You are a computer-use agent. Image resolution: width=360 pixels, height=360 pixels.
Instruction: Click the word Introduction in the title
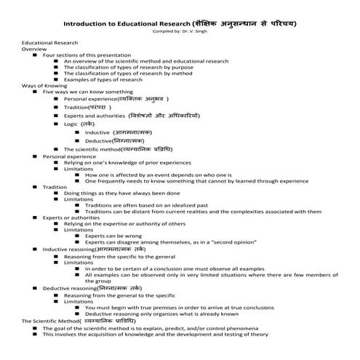(x=106, y=23)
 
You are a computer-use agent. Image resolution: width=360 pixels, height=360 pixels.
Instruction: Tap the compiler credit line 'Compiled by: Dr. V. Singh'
(x=180, y=31)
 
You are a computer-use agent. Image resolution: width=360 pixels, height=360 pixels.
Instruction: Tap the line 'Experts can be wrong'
(x=113, y=236)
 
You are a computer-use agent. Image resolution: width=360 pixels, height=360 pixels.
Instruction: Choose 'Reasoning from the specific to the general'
(x=119, y=256)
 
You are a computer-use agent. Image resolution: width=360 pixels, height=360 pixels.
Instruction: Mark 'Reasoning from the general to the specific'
(x=119, y=295)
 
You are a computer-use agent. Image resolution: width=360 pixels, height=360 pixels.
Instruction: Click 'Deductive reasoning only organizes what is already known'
(x=164, y=314)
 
